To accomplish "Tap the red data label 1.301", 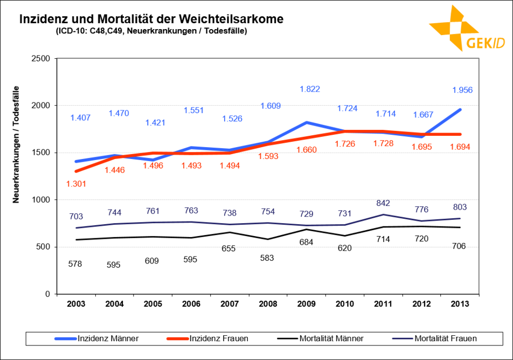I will pyautogui.click(x=77, y=184).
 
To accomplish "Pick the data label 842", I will pyautogui.click(x=384, y=203).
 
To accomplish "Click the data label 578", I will pyautogui.click(x=77, y=264).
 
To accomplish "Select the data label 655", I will pyautogui.click(x=230, y=248).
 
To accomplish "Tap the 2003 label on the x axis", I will pyautogui.click(x=76, y=304).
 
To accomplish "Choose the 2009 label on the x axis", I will pyautogui.click(x=307, y=304).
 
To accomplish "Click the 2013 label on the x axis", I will pyautogui.click(x=460, y=304).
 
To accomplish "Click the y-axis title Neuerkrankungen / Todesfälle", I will pyautogui.click(x=16, y=144).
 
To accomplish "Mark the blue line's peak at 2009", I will pyautogui.click(x=307, y=122).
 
